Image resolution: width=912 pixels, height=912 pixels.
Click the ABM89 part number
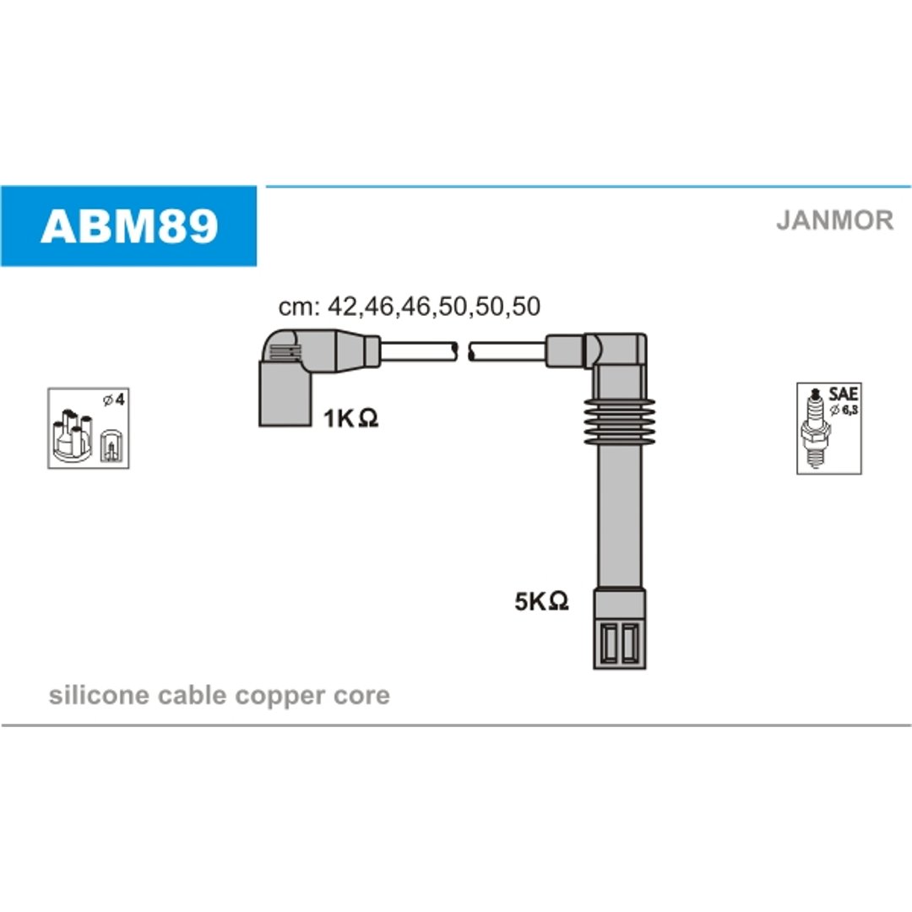(x=129, y=226)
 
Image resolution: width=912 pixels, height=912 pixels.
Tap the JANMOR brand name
(x=834, y=220)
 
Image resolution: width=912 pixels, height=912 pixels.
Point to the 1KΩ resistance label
(x=350, y=418)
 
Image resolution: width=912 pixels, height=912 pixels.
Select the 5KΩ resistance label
(x=541, y=601)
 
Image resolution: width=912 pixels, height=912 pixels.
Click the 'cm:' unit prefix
(x=299, y=307)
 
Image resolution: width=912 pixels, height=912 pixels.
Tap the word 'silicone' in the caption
(x=99, y=695)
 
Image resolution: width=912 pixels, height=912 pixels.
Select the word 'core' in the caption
(x=361, y=696)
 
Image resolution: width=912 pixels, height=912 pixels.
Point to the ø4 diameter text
(x=113, y=400)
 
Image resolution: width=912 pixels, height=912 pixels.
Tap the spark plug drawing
(x=816, y=427)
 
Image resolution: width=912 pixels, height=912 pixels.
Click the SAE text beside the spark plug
(x=844, y=394)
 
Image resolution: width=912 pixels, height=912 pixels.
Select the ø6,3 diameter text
(x=844, y=410)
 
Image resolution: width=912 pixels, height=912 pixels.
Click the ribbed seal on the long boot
(x=620, y=421)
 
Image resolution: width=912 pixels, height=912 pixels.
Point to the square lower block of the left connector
(x=285, y=394)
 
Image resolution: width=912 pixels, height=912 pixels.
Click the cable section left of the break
(x=419, y=352)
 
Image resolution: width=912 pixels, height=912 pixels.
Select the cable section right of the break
(x=508, y=352)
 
